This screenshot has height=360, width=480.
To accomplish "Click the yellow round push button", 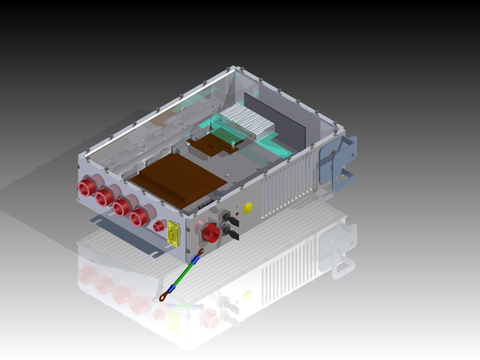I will [248, 207].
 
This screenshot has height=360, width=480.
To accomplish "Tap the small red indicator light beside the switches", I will [237, 214].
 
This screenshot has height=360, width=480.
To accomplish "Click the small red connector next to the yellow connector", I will [158, 226].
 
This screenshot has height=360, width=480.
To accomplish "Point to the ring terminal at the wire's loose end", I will [163, 295].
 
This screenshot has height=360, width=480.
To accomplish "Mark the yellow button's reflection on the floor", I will [248, 295].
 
